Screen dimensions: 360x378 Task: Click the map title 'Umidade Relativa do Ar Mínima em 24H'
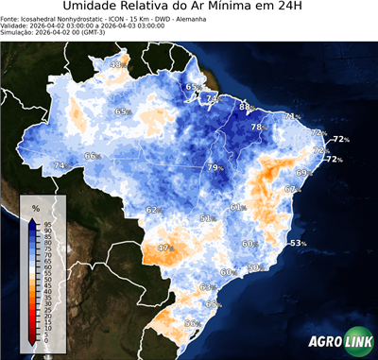(x=189, y=9)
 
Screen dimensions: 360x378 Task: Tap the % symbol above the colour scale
(x=36, y=207)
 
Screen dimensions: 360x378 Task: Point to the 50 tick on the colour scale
(x=47, y=280)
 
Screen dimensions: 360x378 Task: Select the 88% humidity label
(x=247, y=108)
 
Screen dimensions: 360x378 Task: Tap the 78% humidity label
(x=258, y=127)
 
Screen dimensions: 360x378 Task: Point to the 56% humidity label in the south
(x=193, y=323)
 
